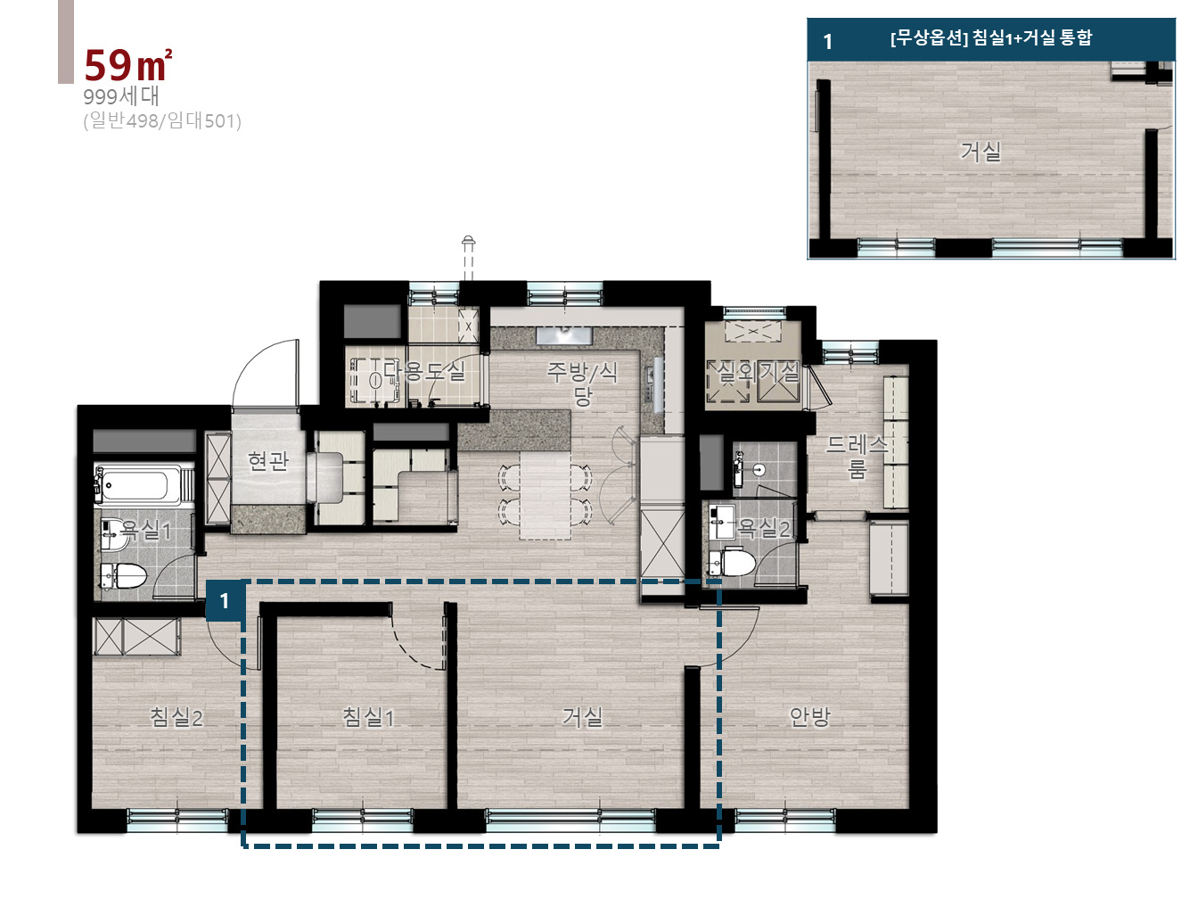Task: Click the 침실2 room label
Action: pyautogui.click(x=176, y=717)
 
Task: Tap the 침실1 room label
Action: pyautogui.click(x=368, y=717)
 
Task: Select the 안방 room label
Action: pyautogui.click(x=810, y=717)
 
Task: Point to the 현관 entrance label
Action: pyautogui.click(x=268, y=461)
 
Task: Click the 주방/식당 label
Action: pyautogui.click(x=582, y=384)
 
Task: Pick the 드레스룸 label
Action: pyautogui.click(x=857, y=457)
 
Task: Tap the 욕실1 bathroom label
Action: pyautogui.click(x=145, y=530)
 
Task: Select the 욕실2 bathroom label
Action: pyautogui.click(x=764, y=528)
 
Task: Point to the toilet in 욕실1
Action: pyautogui.click(x=124, y=575)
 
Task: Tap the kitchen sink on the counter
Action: pyautogui.click(x=564, y=335)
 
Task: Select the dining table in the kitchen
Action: pyautogui.click(x=546, y=495)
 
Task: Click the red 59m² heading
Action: pyautogui.click(x=128, y=65)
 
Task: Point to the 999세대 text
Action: pyautogui.click(x=121, y=96)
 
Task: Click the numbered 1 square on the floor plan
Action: pyautogui.click(x=225, y=601)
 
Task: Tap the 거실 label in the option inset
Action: pyautogui.click(x=981, y=152)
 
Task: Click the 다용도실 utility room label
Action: pyautogui.click(x=423, y=371)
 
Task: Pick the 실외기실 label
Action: pyautogui.click(x=758, y=373)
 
